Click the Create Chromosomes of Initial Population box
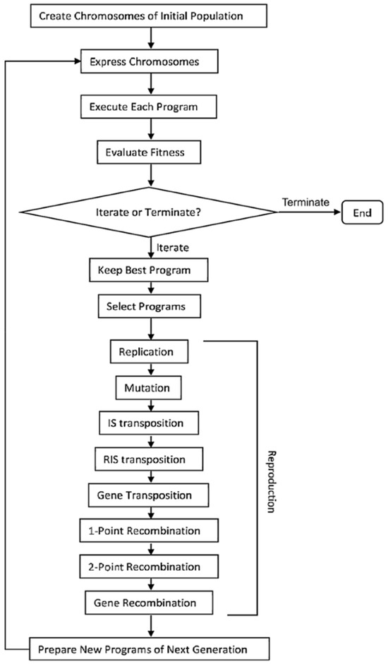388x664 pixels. (x=149, y=16)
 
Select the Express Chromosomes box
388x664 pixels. (x=149, y=62)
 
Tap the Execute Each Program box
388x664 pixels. (x=149, y=107)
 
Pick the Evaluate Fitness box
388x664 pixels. (x=148, y=152)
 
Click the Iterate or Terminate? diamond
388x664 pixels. (x=149, y=212)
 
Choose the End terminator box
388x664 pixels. (x=362, y=212)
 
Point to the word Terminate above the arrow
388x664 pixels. (x=306, y=202)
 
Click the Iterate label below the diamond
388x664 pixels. (x=173, y=248)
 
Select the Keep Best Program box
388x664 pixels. (x=149, y=270)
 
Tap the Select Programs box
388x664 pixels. (x=149, y=306)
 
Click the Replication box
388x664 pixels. (x=149, y=352)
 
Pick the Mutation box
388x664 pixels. (x=149, y=388)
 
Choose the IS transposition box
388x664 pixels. (x=149, y=423)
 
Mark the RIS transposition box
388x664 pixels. (x=149, y=459)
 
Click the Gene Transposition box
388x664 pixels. (x=149, y=495)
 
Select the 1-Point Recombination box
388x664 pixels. (x=149, y=531)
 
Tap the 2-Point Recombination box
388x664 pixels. (x=149, y=567)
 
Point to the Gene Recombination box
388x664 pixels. (x=149, y=603)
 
